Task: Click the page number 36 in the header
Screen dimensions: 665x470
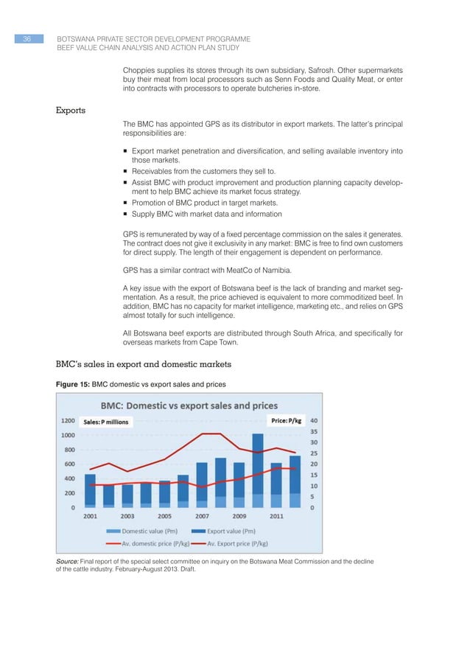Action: [27, 38]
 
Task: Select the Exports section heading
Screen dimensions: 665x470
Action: [71, 111]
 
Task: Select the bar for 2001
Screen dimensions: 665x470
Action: [90, 490]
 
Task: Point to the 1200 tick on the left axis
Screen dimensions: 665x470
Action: [67, 421]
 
